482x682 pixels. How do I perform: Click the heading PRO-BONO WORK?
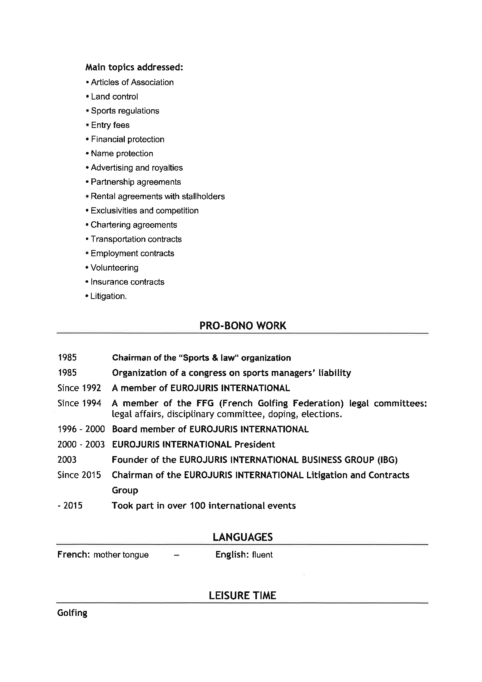tap(243, 326)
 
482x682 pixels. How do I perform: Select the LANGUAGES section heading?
tap(243, 537)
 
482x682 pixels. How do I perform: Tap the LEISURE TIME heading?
tap(243, 596)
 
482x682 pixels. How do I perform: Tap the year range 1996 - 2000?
tap(81, 429)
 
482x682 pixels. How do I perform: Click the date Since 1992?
tap(79, 388)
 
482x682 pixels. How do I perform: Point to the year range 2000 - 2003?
tap(81, 444)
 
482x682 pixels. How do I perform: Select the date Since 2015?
tap(79, 475)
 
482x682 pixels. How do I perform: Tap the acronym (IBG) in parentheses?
tap(387, 460)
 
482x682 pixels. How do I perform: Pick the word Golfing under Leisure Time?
tap(72, 613)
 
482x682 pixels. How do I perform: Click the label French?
tap(73, 555)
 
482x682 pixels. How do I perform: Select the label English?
tap(232, 555)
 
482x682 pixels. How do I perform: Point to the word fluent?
tap(262, 555)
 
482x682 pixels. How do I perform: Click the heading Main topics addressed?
tap(134, 68)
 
